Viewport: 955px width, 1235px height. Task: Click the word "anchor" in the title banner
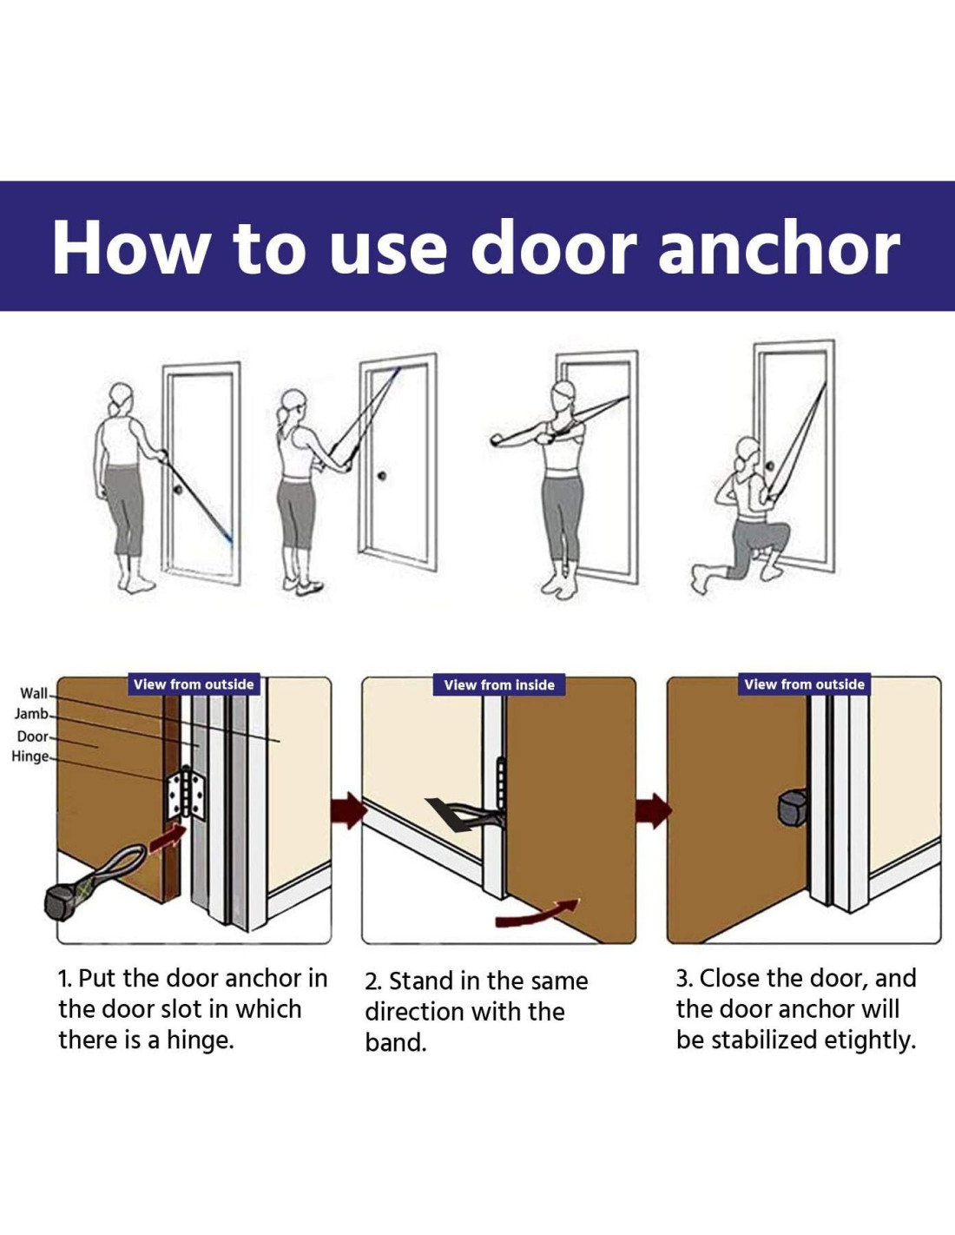779,248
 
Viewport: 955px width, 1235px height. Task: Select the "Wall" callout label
34,693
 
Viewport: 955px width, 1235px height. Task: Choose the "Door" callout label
33,736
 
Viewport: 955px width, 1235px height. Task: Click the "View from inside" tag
499,685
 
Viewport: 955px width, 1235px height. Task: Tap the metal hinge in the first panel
186,794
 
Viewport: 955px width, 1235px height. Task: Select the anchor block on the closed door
793,809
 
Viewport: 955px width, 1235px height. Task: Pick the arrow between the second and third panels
654,809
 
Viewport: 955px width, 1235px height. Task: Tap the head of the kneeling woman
748,451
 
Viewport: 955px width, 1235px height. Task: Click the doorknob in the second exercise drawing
382,474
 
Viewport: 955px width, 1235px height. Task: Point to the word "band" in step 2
395,1043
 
